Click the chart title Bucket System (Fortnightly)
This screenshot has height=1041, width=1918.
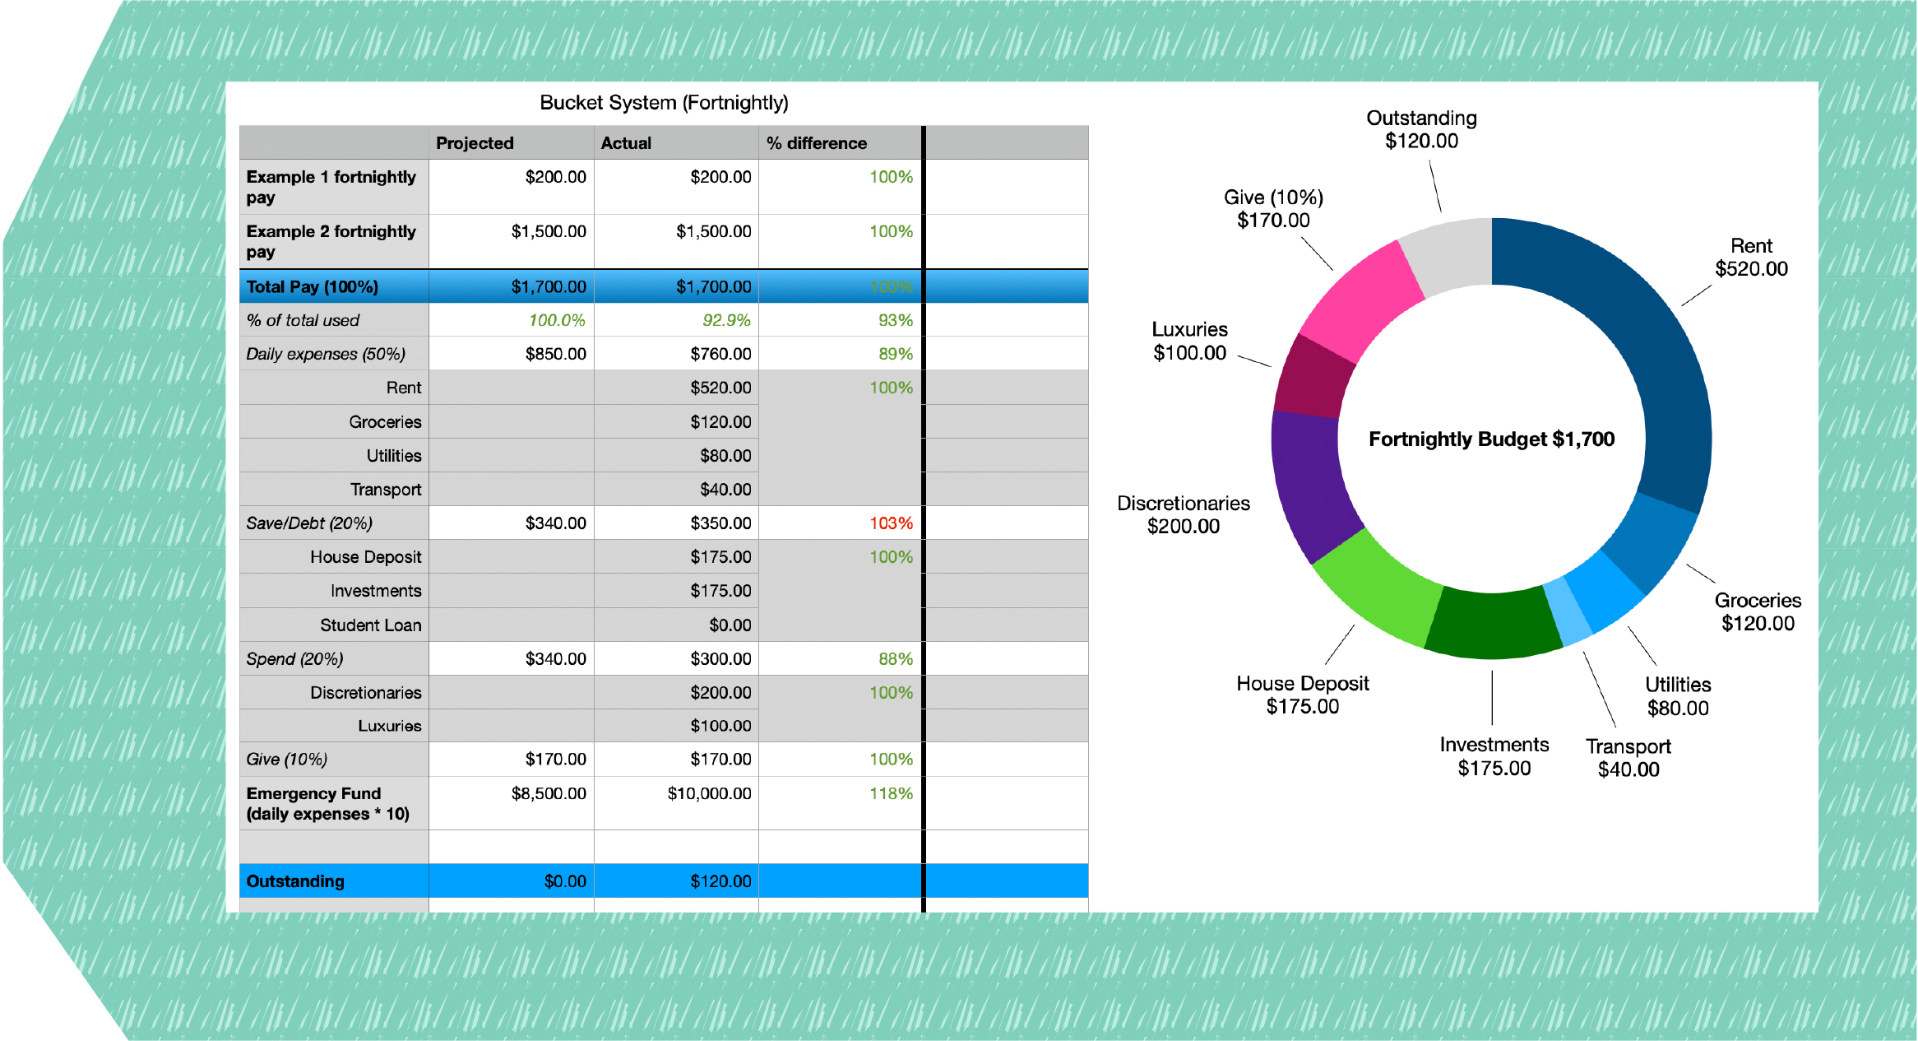pyautogui.click(x=664, y=103)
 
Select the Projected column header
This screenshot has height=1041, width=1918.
pyautogui.click(x=475, y=143)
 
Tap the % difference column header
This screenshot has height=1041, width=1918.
pyautogui.click(x=816, y=143)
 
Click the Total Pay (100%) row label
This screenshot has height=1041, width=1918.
pyautogui.click(x=313, y=286)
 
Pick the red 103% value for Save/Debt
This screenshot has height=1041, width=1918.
pyautogui.click(x=891, y=523)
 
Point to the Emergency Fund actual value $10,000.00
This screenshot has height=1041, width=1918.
pyautogui.click(x=709, y=793)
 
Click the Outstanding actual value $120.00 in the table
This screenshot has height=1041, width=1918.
pyautogui.click(x=720, y=881)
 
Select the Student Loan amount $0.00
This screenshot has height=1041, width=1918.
pyautogui.click(x=730, y=625)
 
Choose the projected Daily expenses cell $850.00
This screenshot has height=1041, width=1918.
pyautogui.click(x=555, y=354)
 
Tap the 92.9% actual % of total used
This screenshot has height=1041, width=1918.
pyautogui.click(x=725, y=320)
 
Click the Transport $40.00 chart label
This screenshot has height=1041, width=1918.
pyautogui.click(x=1628, y=758)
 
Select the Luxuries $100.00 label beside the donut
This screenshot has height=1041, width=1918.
pyautogui.click(x=1189, y=342)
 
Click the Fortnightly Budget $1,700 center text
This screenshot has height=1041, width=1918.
pyautogui.click(x=1491, y=439)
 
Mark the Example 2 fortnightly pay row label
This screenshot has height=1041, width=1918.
pyautogui.click(x=331, y=241)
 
